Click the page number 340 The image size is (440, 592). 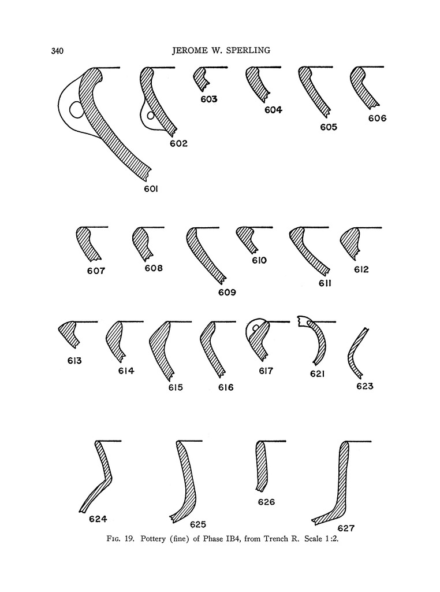pos(57,51)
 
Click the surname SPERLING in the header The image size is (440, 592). pos(248,50)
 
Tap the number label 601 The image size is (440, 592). pos(151,189)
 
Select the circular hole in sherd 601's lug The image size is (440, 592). pos(77,109)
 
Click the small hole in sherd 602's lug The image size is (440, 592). pos(151,116)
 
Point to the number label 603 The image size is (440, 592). pos(209,99)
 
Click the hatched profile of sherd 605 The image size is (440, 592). pos(314,91)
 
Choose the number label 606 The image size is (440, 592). pos(378,119)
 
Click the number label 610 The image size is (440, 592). pos(259,261)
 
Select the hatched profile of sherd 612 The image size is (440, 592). pos(350,243)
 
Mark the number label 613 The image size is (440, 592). pos(74,361)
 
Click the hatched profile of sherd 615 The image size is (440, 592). pos(161,349)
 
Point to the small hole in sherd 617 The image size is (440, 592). pos(255,327)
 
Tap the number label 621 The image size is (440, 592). pos(318,374)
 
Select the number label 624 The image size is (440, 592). pos(98,519)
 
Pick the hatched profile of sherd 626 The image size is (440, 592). pos(261,466)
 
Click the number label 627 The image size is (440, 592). pos(346,528)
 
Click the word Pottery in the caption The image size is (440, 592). pos(153,539)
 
